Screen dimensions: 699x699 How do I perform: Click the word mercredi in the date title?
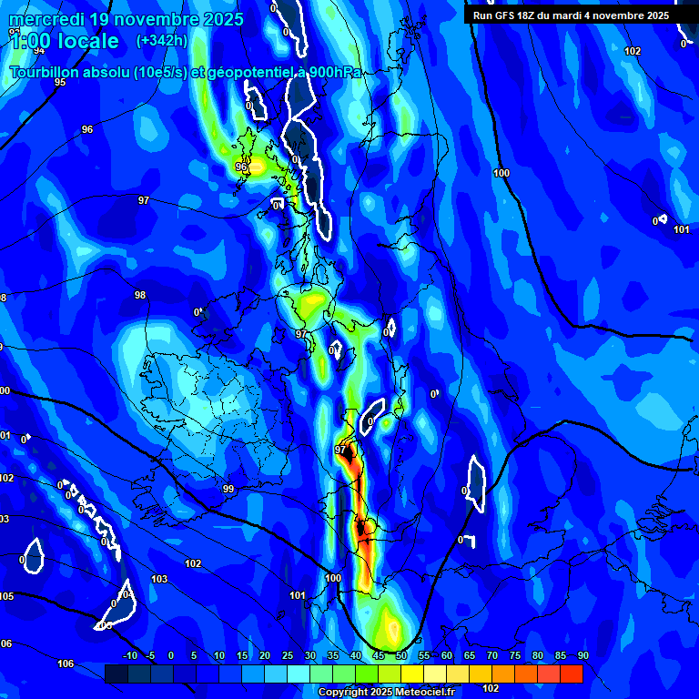(x=46, y=19)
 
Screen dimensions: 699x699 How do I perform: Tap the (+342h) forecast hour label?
(x=161, y=40)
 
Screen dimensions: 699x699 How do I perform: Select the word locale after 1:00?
(x=87, y=41)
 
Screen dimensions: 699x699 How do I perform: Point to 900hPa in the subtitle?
(x=335, y=73)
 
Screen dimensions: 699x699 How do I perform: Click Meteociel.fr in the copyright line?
(x=419, y=693)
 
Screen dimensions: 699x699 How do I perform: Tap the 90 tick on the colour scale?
(x=582, y=656)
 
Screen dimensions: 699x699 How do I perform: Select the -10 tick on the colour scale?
(x=129, y=656)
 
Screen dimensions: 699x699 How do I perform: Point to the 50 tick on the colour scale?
(x=400, y=656)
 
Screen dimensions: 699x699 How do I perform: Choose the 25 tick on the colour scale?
(x=287, y=656)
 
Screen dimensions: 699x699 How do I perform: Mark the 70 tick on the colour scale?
(x=491, y=656)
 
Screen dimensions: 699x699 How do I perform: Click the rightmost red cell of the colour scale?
(x=571, y=674)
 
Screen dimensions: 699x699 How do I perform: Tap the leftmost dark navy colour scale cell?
(x=116, y=674)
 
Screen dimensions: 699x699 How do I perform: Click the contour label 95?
(x=60, y=83)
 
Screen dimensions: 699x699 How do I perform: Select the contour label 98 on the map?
(x=140, y=296)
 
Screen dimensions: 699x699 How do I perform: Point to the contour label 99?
(x=228, y=490)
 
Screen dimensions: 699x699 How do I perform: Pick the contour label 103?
(x=159, y=580)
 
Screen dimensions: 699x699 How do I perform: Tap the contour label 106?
(x=66, y=664)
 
